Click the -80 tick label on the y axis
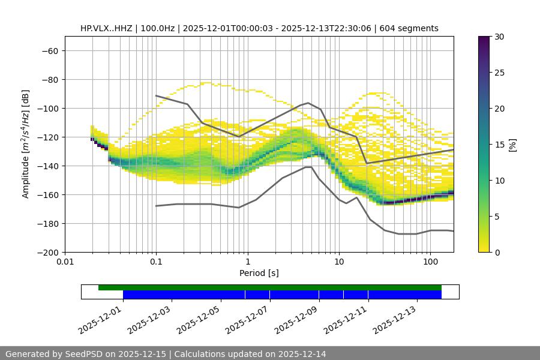tap(49, 80)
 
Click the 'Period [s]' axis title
tap(259, 274)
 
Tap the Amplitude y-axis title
tap(25, 144)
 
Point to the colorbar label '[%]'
tap(512, 145)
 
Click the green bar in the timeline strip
tap(270, 287)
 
